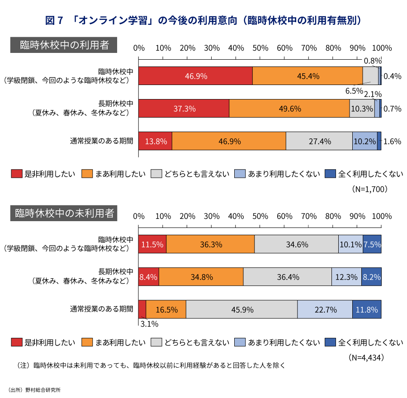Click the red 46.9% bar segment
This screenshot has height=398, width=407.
click(x=195, y=76)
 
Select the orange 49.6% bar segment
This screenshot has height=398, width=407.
click(x=289, y=109)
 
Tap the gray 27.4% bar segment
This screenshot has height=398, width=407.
click(x=319, y=141)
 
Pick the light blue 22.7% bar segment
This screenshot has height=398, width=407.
click(x=325, y=310)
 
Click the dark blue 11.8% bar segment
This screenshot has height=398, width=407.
click(x=367, y=310)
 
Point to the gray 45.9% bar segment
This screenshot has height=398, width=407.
click(x=241, y=310)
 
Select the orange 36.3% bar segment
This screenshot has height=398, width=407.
click(x=210, y=244)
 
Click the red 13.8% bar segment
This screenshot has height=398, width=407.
click(x=155, y=141)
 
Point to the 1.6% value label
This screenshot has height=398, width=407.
click(x=392, y=141)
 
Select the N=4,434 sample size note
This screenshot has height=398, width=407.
click(x=367, y=357)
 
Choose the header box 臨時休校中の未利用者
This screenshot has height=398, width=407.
click(x=64, y=213)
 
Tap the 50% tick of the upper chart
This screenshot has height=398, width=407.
click(x=260, y=48)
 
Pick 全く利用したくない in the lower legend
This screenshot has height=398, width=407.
click(x=369, y=342)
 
